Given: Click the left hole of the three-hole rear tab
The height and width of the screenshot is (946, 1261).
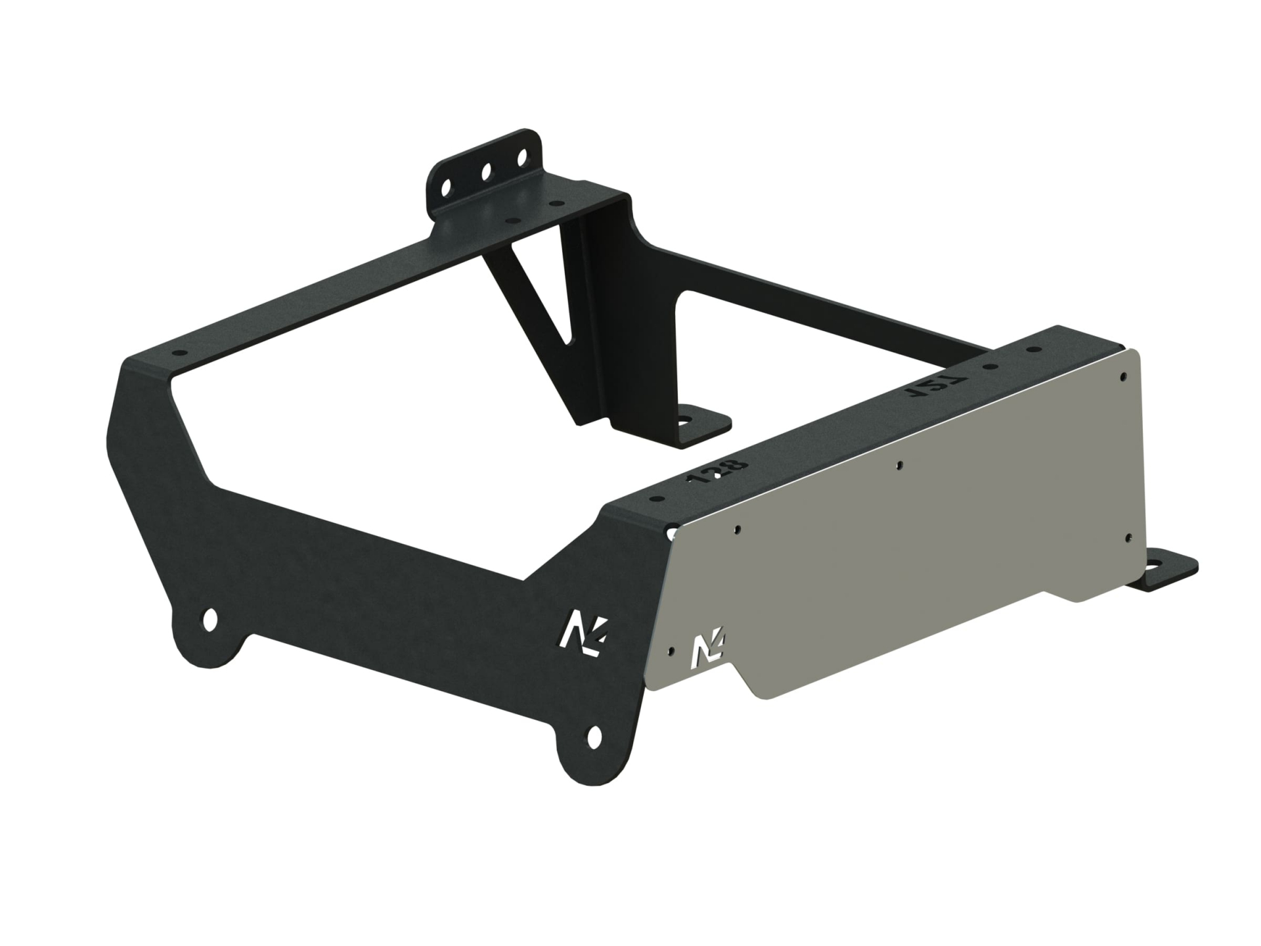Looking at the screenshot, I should tap(447, 187).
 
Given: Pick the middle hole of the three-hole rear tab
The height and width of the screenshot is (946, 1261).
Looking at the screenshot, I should tap(487, 172).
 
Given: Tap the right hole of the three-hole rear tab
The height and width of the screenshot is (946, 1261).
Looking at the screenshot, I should tap(523, 158).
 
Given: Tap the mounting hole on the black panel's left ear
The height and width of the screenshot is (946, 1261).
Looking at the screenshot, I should tap(210, 619).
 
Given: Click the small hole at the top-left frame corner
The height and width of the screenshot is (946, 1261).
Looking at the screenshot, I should tap(177, 353).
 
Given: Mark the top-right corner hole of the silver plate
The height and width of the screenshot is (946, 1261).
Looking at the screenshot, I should tap(1123, 377).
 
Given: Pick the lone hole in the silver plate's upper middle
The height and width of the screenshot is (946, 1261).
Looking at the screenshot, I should tap(898, 464).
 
